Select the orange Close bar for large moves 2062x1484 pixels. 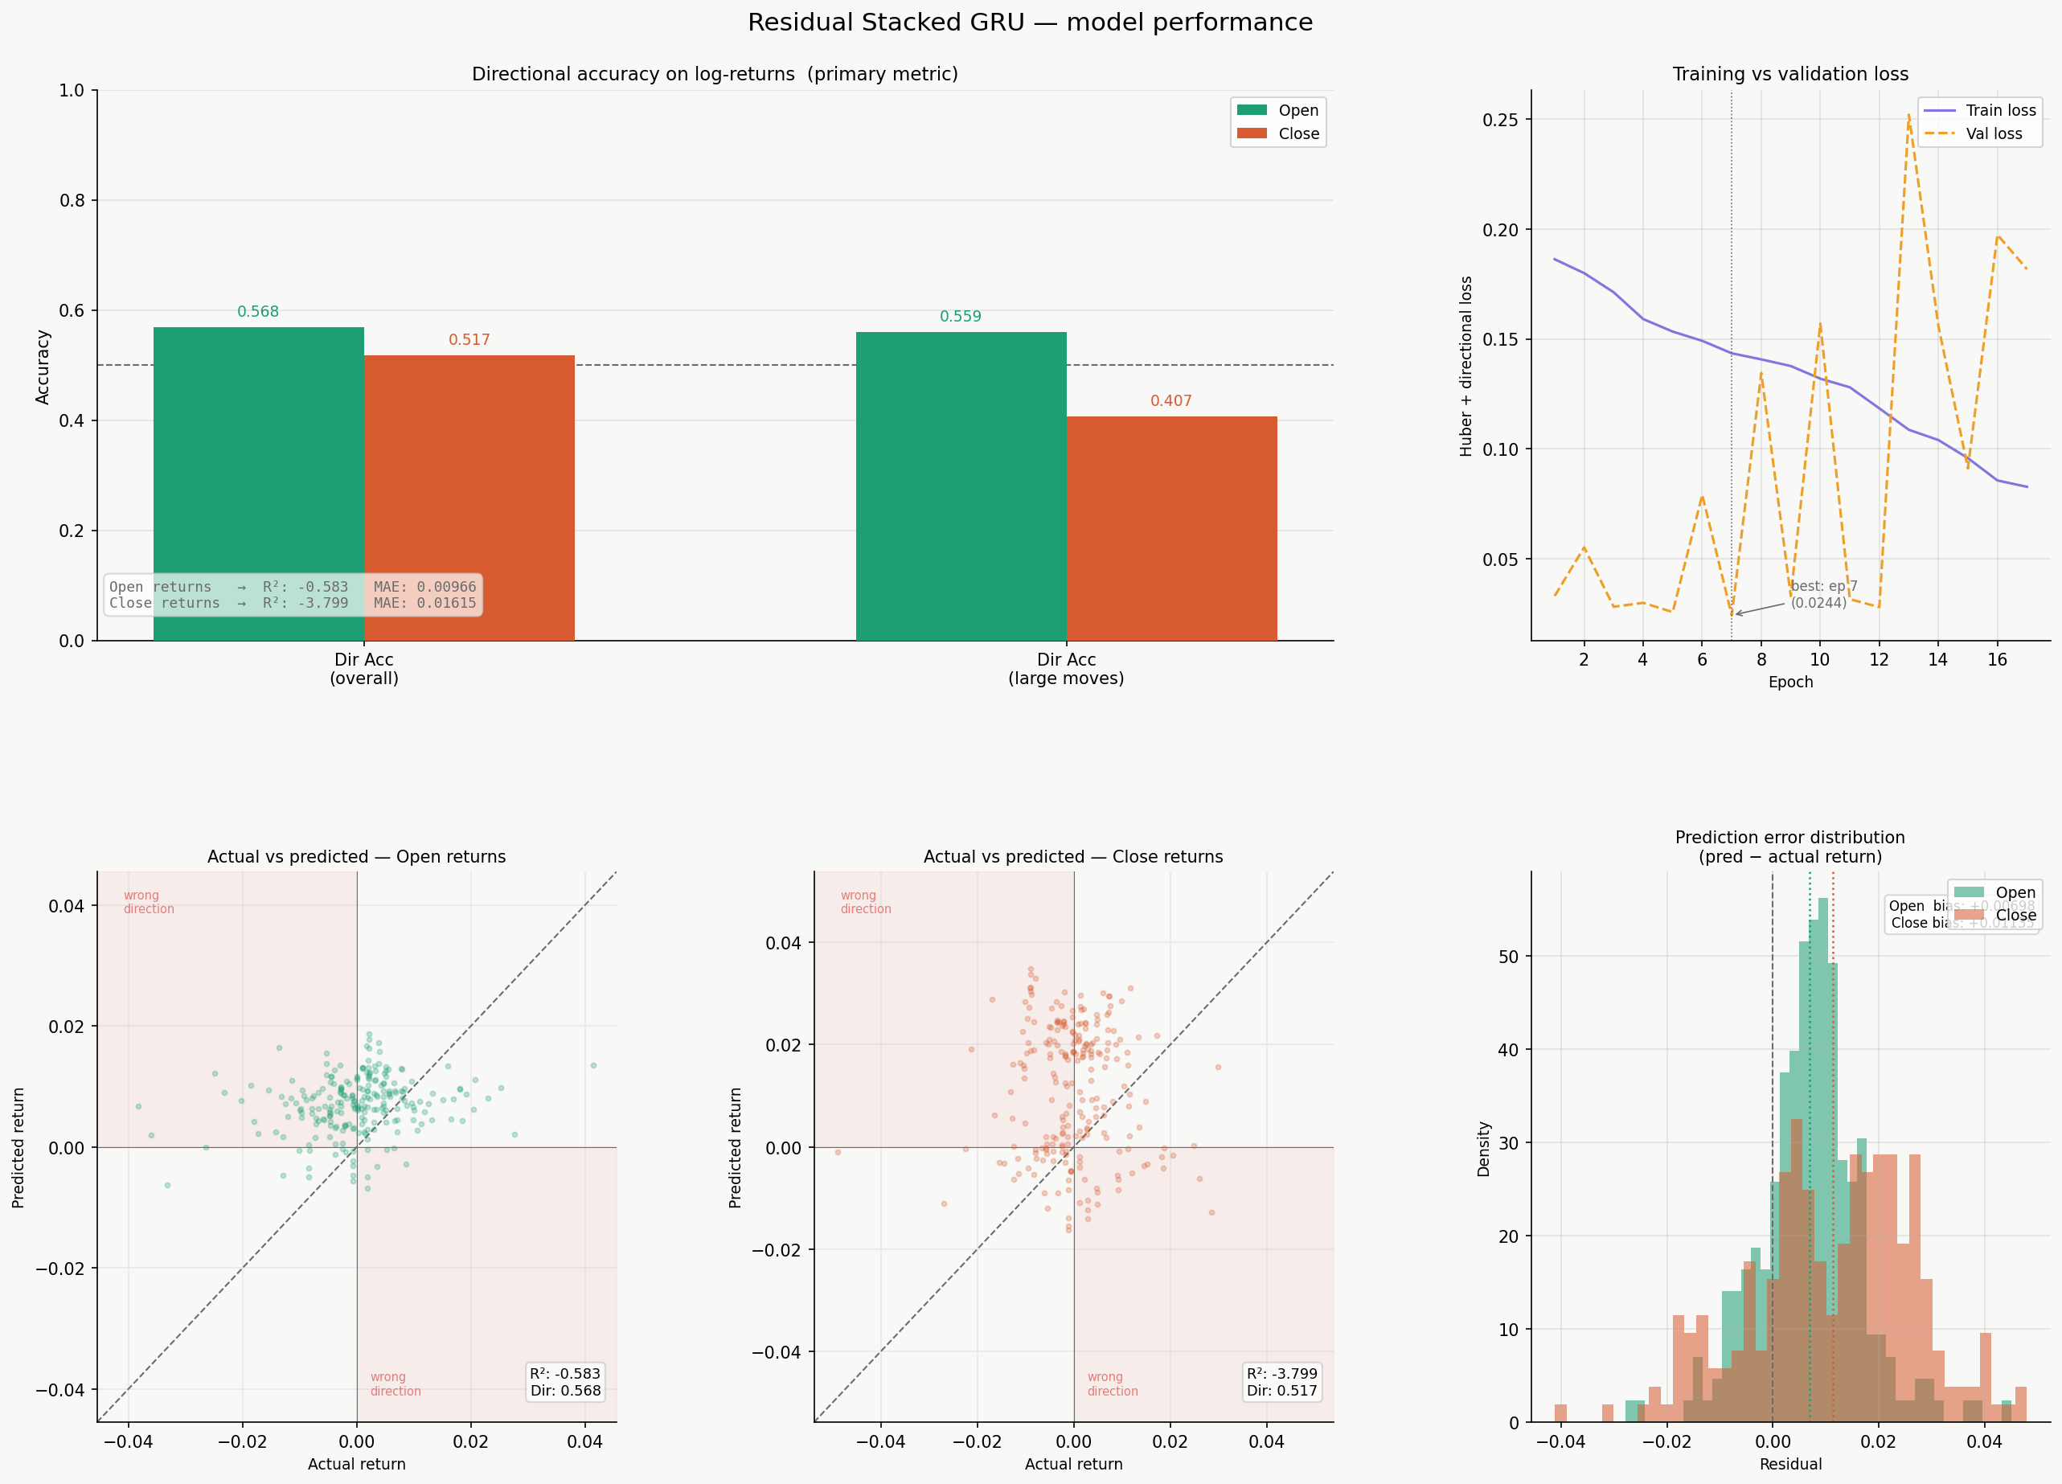(1171, 527)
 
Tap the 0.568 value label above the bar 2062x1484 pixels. (258, 312)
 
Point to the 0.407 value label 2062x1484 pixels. (1171, 401)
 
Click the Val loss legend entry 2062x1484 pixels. (1994, 133)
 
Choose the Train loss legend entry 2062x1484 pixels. (2000, 110)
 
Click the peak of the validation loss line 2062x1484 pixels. (1908, 116)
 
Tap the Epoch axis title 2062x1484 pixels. (1790, 682)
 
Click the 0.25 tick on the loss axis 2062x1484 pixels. (1500, 120)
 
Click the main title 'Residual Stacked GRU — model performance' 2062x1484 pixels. (1030, 23)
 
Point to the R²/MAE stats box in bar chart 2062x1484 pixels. (293, 595)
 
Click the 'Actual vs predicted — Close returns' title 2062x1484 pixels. (1073, 857)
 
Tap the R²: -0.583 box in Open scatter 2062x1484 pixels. (565, 1381)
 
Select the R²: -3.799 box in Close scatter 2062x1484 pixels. (1281, 1381)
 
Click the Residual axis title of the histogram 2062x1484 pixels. (1790, 1464)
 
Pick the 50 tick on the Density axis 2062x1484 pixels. (1507, 957)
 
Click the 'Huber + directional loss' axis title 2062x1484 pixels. (1466, 366)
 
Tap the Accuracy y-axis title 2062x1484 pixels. (43, 367)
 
